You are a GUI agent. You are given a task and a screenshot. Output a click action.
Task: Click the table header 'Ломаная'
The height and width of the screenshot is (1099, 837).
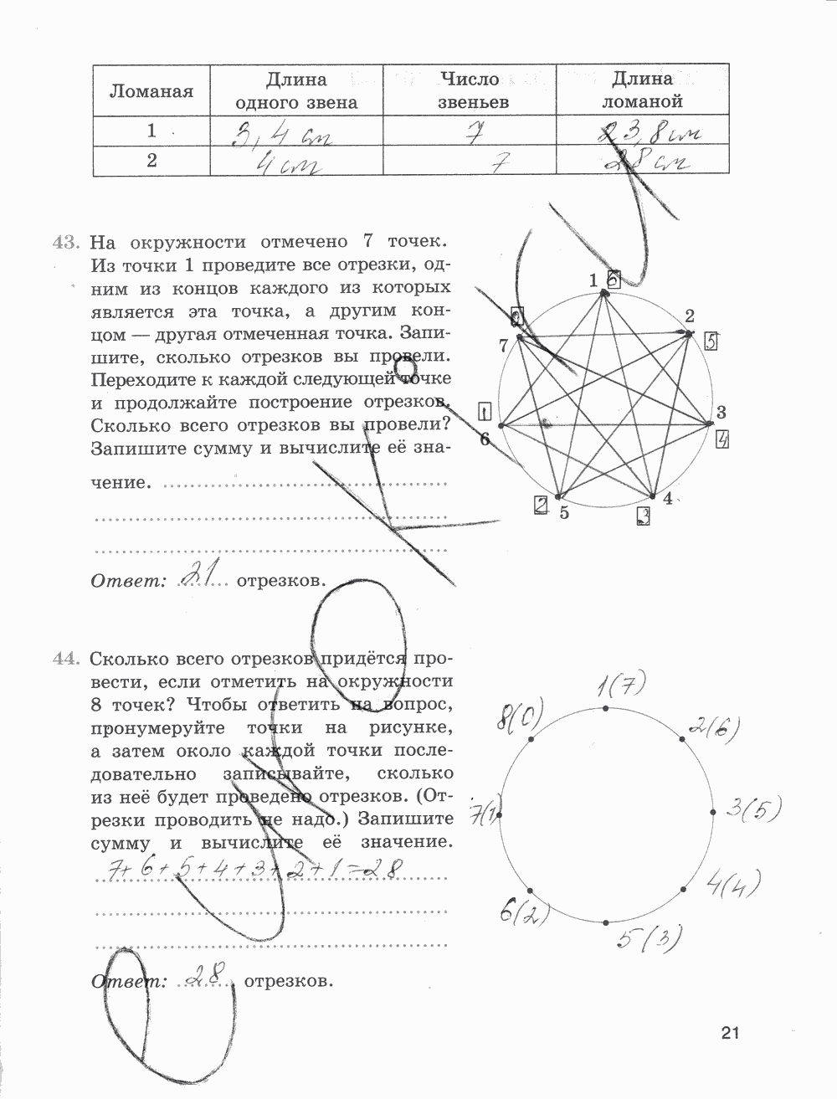pos(151,91)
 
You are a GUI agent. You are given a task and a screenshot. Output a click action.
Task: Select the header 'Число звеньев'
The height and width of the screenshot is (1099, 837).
pos(469,90)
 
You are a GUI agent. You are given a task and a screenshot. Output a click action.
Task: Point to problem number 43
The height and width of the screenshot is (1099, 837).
pos(65,243)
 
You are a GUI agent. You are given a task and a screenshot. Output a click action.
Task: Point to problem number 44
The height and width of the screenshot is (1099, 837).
pos(65,658)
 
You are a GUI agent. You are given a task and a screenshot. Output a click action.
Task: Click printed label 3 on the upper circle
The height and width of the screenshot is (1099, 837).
pos(720,411)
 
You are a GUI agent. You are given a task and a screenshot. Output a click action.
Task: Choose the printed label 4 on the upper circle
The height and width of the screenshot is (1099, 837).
pos(667,499)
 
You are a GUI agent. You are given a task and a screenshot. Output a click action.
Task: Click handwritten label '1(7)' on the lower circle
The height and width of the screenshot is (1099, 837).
pos(619,688)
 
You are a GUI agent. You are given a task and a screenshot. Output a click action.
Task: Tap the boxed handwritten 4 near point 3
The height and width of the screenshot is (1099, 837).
pos(724,439)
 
